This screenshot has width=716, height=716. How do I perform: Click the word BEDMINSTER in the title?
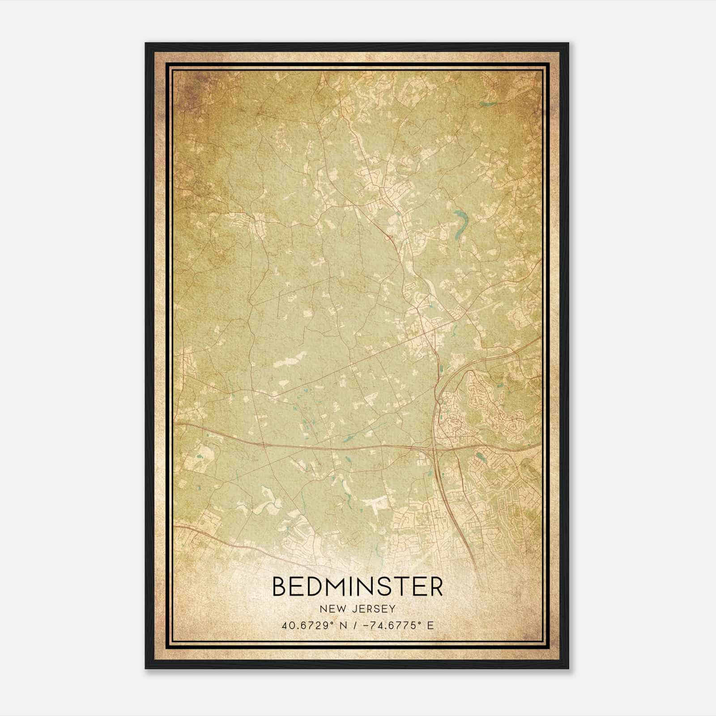[358, 587]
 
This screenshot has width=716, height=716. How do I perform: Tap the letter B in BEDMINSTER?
[280, 587]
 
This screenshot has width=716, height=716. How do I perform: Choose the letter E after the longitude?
[430, 625]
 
